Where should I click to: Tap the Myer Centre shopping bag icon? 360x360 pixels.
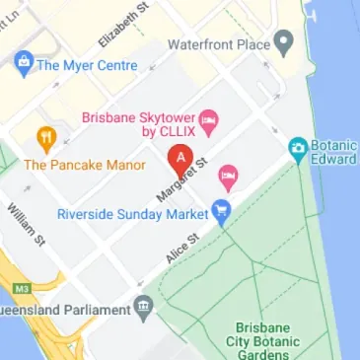pyautogui.click(x=23, y=65)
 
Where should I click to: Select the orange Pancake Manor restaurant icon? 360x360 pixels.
pyautogui.click(x=45, y=139)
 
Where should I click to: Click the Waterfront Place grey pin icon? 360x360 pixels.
pyautogui.click(x=285, y=44)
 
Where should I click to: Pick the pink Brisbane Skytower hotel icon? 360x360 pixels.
pyautogui.click(x=208, y=121)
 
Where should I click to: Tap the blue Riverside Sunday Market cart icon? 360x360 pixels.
pyautogui.click(x=221, y=211)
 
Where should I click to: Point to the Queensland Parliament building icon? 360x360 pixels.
pyautogui.click(x=144, y=308)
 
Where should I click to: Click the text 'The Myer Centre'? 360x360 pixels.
pyautogui.click(x=86, y=65)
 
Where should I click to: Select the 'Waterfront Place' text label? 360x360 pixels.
pyautogui.click(x=219, y=44)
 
